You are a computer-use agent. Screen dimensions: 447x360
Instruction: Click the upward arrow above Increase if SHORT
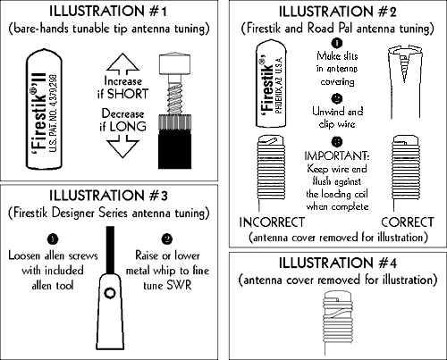[122, 63]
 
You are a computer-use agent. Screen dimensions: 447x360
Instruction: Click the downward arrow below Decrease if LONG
[122, 147]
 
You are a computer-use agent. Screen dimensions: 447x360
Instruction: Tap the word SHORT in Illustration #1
[128, 94]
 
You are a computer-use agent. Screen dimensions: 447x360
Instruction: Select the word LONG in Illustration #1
[128, 127]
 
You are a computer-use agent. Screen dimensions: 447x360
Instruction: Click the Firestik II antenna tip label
[44, 110]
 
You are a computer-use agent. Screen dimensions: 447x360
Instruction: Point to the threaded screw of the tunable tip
[175, 99]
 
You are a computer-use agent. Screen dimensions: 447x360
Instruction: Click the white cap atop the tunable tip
[175, 64]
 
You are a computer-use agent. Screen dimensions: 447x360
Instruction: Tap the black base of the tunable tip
[174, 148]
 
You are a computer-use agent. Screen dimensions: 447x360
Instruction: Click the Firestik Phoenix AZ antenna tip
[271, 83]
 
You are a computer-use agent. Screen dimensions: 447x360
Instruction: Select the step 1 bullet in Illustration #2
[337, 44]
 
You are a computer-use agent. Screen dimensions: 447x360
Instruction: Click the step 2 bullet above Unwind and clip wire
[337, 98]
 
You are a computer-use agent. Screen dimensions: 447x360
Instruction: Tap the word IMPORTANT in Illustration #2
[337, 155]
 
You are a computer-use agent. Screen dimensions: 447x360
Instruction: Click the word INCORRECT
[272, 222]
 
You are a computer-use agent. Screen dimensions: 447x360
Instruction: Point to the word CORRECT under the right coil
[408, 222]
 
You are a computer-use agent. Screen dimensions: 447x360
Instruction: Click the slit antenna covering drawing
[405, 82]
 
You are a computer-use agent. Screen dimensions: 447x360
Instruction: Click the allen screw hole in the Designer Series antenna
[110, 293]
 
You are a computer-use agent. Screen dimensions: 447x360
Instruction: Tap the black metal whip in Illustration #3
[110, 250]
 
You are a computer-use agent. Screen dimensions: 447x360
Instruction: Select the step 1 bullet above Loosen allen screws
[53, 239]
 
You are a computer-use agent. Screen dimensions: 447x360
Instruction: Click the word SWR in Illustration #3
[179, 285]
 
